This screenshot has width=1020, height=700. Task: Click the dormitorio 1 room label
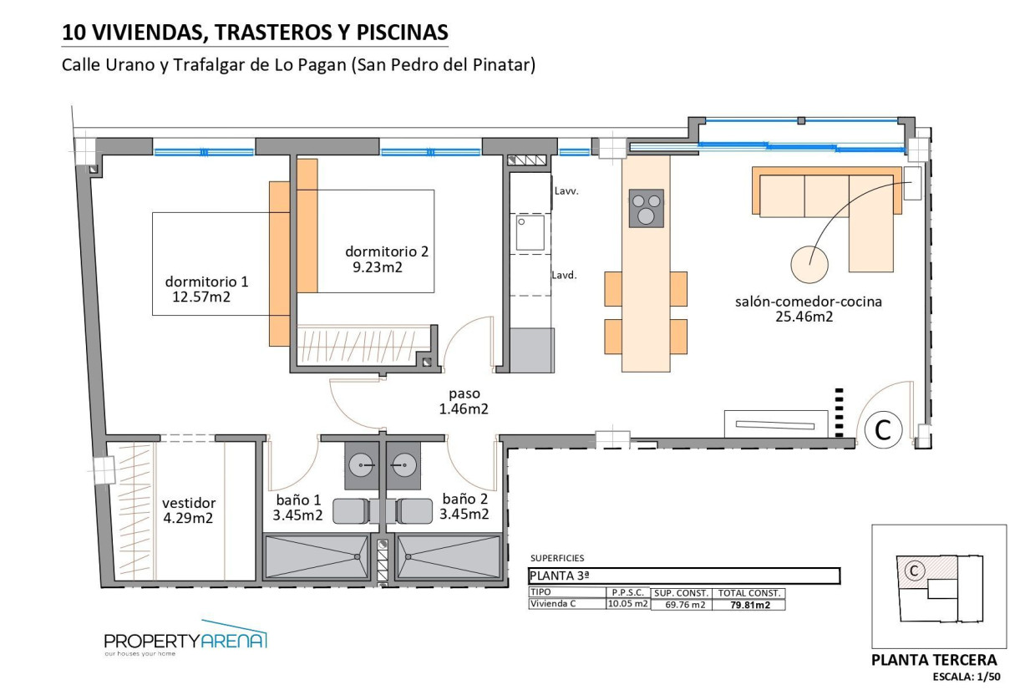[x=206, y=282]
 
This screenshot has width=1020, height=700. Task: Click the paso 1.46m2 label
[x=463, y=401]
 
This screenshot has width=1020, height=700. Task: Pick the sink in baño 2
[x=403, y=464]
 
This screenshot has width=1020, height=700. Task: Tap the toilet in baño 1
[x=353, y=510]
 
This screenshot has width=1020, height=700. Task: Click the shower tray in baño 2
[x=449, y=556]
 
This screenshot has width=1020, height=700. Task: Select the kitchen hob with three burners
[x=646, y=208]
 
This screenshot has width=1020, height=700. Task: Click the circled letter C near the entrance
[x=882, y=430]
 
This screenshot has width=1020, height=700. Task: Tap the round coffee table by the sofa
[x=809, y=264]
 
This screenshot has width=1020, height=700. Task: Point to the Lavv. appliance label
[x=566, y=190]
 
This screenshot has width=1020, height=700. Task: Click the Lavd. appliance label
[x=565, y=274]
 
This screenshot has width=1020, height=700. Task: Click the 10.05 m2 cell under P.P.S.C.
[x=627, y=604]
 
